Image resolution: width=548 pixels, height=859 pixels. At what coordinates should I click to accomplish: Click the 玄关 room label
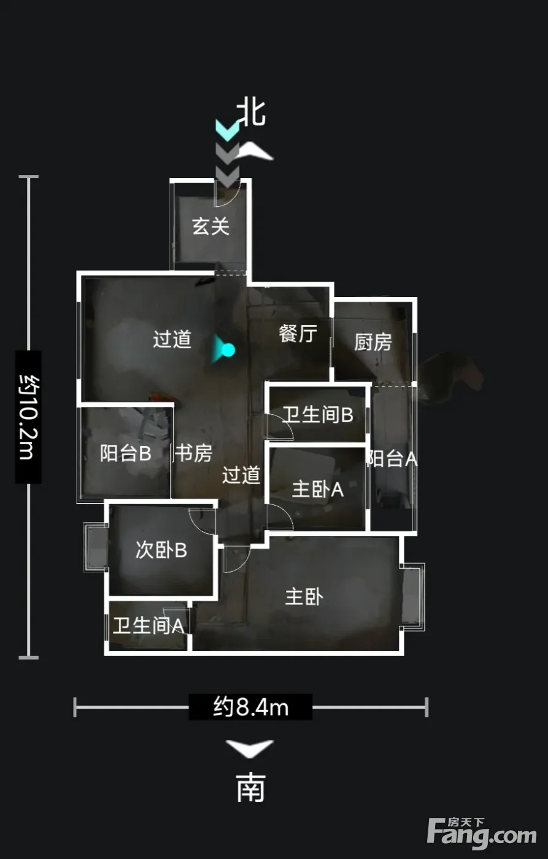211,226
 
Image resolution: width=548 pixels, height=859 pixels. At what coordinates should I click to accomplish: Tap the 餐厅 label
298,333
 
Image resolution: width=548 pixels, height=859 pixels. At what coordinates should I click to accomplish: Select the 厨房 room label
373,342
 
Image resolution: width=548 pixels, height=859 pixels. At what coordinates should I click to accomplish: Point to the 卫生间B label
318,415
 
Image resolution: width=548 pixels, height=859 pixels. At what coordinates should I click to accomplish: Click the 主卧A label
318,490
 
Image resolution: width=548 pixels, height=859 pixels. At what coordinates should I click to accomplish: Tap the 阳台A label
392,458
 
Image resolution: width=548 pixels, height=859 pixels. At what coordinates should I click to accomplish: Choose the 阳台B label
126,453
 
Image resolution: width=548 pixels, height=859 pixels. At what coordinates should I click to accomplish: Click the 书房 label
194,453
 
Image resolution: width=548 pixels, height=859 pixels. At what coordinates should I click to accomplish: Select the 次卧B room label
161,550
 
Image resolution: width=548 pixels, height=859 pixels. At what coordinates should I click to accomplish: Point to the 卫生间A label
149,625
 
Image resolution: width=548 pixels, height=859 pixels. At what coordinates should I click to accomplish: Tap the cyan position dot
228,350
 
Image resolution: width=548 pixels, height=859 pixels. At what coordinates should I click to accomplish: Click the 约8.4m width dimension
251,706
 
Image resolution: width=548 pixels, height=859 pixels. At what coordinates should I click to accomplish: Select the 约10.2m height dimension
29,417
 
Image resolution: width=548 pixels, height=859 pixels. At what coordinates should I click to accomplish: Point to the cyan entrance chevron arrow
228,130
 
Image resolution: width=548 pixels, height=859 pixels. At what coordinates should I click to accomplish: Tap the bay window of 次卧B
96,547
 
